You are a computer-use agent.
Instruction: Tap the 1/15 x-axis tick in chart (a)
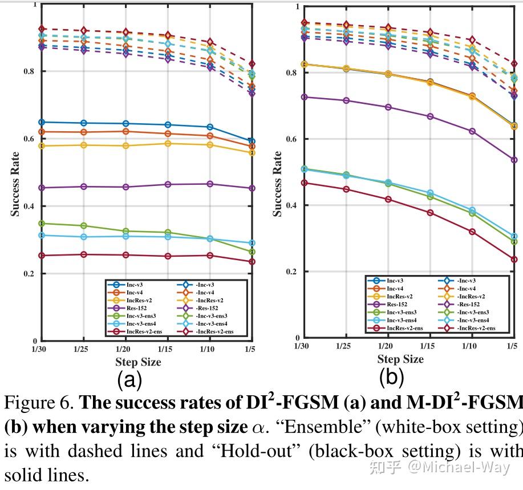(x=165, y=348)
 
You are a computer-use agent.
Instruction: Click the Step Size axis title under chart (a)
(x=138, y=362)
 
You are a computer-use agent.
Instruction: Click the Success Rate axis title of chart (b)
(x=277, y=184)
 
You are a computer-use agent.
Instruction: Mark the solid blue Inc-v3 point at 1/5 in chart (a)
(x=252, y=141)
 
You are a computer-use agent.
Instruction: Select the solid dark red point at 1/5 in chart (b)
(x=514, y=260)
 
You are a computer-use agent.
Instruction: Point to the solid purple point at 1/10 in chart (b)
(x=472, y=131)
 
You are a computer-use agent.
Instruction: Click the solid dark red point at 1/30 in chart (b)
(x=304, y=183)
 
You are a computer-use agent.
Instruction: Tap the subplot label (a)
(x=129, y=379)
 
